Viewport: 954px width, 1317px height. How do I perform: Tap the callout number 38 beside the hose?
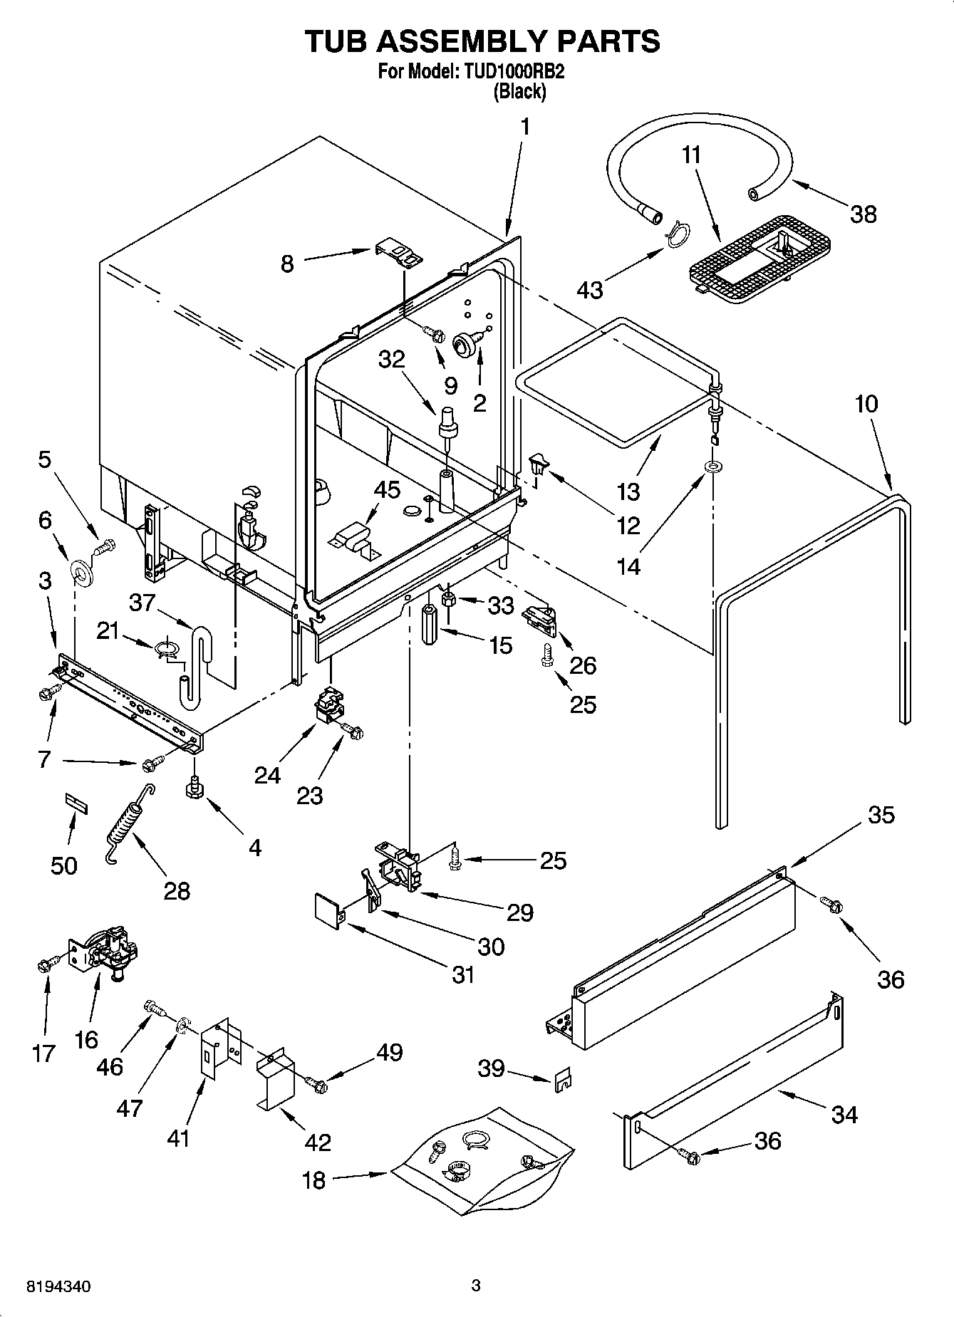[x=864, y=214]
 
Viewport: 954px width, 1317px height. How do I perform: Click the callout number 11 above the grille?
[x=691, y=155]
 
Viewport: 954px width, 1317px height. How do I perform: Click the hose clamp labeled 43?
[x=678, y=233]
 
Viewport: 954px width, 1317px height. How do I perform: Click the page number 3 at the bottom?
[x=476, y=1286]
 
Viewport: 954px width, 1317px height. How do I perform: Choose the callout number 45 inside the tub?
[x=387, y=491]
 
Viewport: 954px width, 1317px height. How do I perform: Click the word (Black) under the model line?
[x=520, y=92]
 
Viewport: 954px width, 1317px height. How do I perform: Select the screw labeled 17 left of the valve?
[x=44, y=965]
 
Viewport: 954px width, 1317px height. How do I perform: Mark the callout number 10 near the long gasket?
[x=866, y=404]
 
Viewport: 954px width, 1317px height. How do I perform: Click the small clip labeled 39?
[x=563, y=1079]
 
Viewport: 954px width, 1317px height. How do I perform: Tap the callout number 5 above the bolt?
[x=44, y=459]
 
